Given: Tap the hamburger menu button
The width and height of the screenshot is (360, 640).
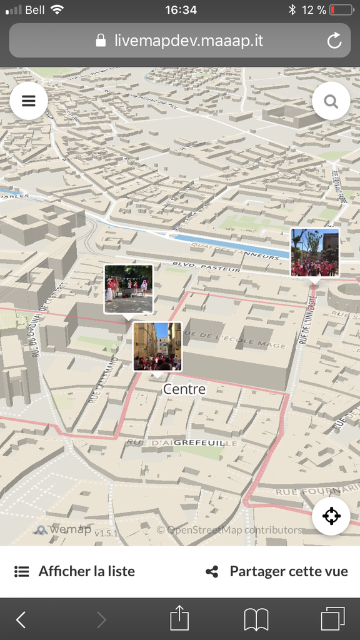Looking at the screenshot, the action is [x=29, y=101].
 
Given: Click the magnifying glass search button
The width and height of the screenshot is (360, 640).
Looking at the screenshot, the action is [x=331, y=101].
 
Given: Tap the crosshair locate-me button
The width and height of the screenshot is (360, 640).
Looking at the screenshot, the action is [x=331, y=516].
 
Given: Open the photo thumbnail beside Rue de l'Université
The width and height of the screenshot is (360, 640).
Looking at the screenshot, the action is [x=314, y=252].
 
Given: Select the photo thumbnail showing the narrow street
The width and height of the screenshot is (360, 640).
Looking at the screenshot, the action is [x=157, y=346].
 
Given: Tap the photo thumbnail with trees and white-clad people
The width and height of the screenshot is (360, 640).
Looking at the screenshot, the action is [x=129, y=289].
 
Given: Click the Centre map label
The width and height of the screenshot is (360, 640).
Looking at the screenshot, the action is [x=184, y=389].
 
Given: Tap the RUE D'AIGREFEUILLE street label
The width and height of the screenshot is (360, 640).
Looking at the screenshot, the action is [x=182, y=442].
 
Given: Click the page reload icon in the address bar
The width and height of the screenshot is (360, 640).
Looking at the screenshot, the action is [x=334, y=41].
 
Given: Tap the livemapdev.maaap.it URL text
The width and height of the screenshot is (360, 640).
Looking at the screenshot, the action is [x=188, y=41].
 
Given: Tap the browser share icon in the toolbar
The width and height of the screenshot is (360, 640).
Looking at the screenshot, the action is [x=179, y=619].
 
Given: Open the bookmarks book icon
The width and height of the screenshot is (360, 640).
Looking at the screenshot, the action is [x=256, y=619].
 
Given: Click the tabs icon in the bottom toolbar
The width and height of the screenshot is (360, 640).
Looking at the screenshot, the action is [x=332, y=619].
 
